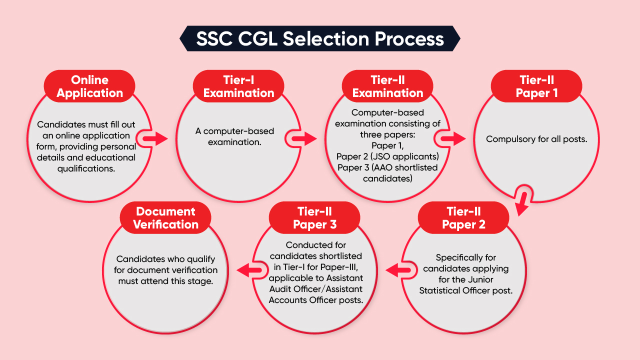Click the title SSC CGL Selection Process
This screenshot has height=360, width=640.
(x=320, y=39)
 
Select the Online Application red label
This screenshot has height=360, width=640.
(x=90, y=86)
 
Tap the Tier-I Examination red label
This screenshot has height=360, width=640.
(x=239, y=86)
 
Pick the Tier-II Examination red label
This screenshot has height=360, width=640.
(x=387, y=86)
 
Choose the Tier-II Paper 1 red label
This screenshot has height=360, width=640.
(x=536, y=86)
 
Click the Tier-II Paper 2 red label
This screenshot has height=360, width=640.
(x=463, y=218)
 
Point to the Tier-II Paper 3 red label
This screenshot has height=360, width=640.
(x=314, y=218)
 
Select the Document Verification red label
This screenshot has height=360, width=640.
(x=166, y=218)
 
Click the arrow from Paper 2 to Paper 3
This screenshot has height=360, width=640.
(x=397, y=271)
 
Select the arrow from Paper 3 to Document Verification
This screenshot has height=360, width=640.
(x=248, y=271)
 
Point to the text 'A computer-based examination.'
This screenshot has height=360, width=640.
(x=234, y=136)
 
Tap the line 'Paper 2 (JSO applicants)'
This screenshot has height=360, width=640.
(x=387, y=157)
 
